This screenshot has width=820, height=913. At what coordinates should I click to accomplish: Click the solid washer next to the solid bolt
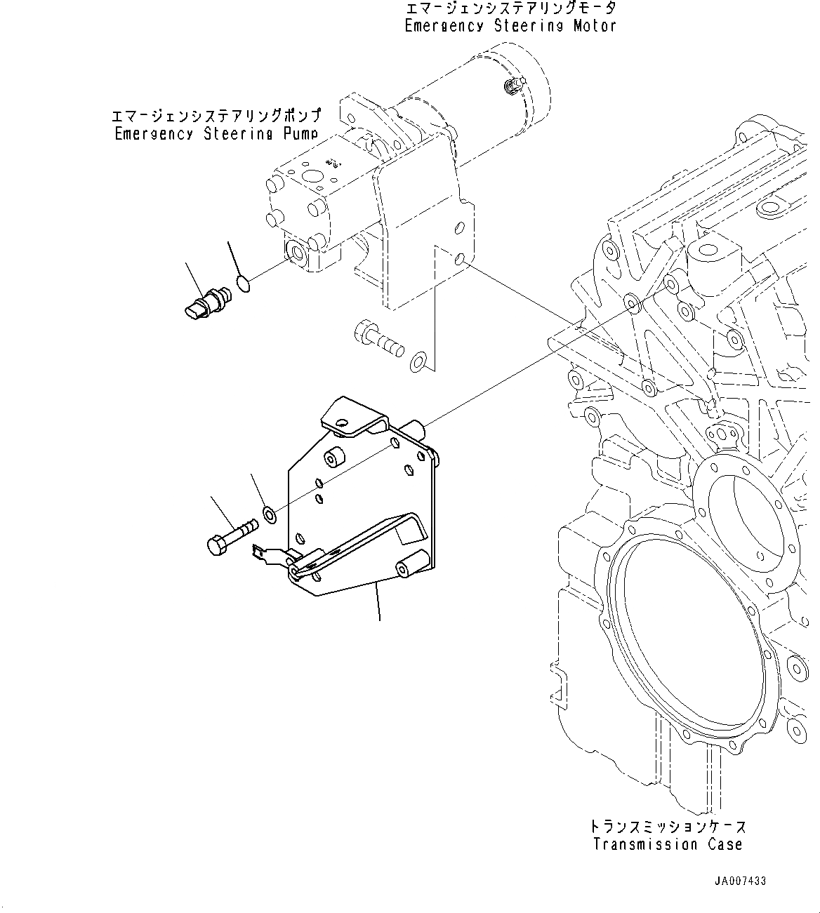(270, 514)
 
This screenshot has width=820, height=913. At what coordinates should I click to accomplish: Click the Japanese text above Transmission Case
(668, 827)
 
